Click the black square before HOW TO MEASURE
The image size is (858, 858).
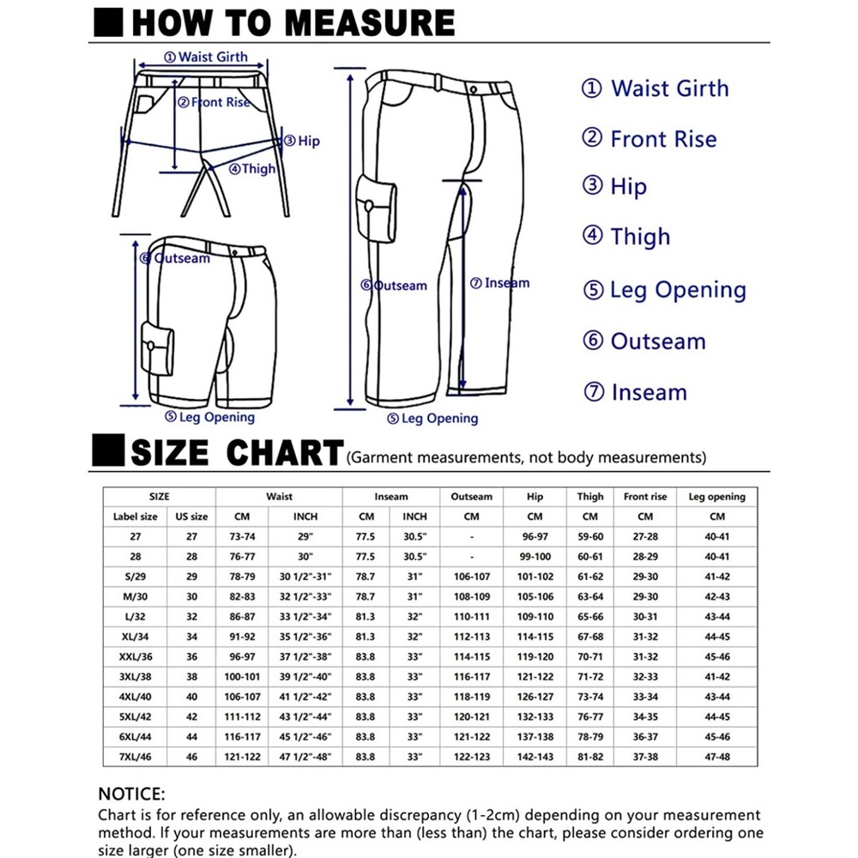coord(108,21)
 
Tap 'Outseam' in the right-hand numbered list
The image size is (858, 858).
coord(657,341)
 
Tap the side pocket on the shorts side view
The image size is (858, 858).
coord(157,348)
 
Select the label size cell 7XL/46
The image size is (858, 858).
coord(136,758)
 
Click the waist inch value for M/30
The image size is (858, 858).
coord(305,596)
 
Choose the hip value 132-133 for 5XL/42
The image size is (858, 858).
coord(535,717)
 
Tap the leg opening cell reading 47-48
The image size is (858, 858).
coord(716,758)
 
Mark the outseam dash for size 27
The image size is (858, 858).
coord(471,536)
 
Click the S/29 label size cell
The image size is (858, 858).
coord(136,577)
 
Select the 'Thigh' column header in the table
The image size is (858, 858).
coord(589,496)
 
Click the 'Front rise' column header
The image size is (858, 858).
coord(645,496)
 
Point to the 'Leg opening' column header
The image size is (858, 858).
coord(716,496)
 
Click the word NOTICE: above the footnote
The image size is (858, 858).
coord(131,795)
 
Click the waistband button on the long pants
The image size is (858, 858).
coord(474,88)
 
